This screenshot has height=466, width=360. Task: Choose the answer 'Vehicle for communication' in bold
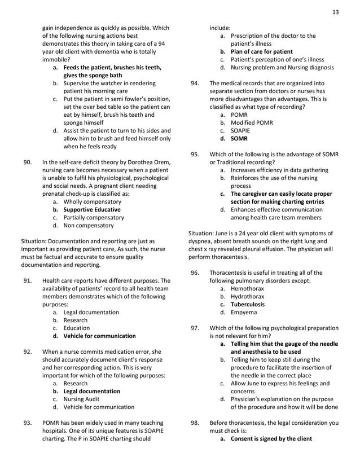pyautogui.click(x=99, y=336)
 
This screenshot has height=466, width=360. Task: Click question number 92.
pyautogui.click(x=27, y=351)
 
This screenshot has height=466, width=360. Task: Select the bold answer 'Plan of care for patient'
pyautogui.click(x=261, y=51)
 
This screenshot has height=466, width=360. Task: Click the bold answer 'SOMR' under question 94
pyautogui.click(x=239, y=138)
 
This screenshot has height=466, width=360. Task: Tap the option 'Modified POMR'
pyautogui.click(x=252, y=122)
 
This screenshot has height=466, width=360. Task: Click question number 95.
pyautogui.click(x=195, y=154)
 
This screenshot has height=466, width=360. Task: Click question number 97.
pyautogui.click(x=195, y=328)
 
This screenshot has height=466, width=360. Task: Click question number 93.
pyautogui.click(x=27, y=423)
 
